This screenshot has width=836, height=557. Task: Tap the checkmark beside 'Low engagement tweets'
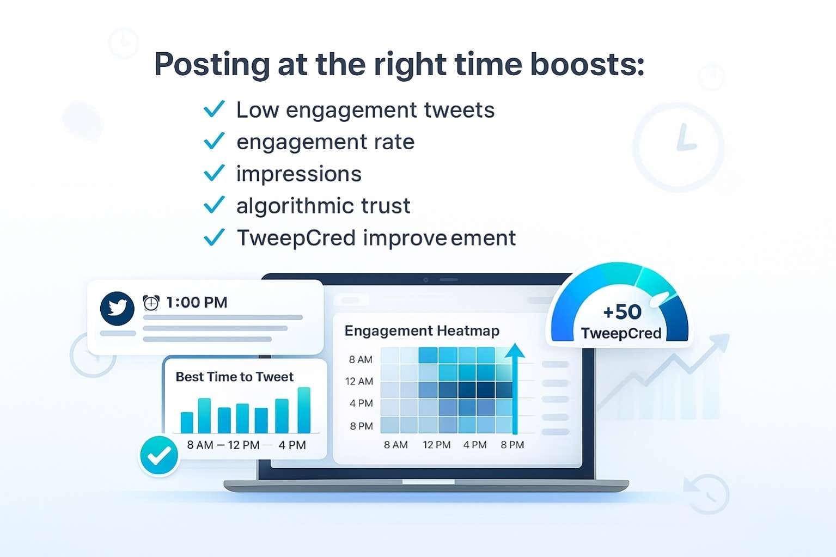(x=214, y=109)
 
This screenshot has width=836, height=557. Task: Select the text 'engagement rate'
(x=325, y=142)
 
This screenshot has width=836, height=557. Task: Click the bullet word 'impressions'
(x=298, y=174)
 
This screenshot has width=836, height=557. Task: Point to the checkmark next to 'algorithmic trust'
(x=214, y=205)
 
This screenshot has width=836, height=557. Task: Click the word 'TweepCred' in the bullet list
(x=296, y=238)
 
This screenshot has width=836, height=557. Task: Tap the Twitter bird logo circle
(x=117, y=308)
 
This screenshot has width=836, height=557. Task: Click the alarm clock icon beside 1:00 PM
(x=151, y=303)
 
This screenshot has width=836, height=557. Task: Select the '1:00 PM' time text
(x=197, y=303)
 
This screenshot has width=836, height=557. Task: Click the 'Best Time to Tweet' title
(x=234, y=377)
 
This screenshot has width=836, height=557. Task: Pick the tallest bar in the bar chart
(x=304, y=410)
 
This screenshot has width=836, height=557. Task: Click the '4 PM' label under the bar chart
(x=292, y=445)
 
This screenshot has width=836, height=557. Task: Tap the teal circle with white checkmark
(x=159, y=456)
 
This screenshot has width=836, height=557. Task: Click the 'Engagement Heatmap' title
(x=422, y=331)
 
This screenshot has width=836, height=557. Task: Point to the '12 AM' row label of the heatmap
(x=359, y=381)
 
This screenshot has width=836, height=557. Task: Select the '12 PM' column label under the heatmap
(x=436, y=445)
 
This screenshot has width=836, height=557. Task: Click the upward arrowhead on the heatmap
(x=514, y=351)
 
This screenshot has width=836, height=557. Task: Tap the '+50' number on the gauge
(x=622, y=312)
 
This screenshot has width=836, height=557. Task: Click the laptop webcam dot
(x=426, y=280)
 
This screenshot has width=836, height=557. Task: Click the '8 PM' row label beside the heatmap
(x=361, y=426)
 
